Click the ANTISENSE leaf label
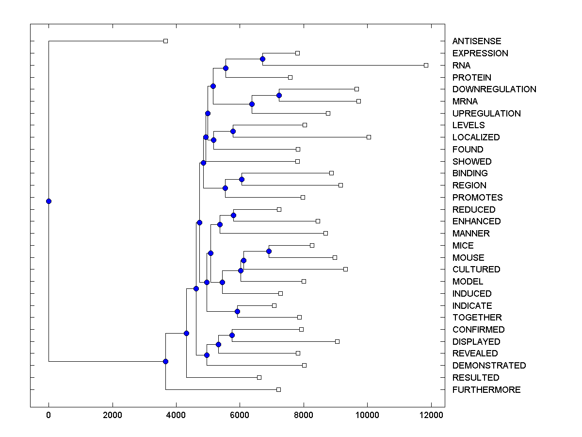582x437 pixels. pyautogui.click(x=477, y=41)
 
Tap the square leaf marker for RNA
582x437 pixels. pyautogui.click(x=426, y=65)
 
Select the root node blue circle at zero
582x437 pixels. pyautogui.click(x=48, y=201)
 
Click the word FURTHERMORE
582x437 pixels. pyautogui.click(x=486, y=390)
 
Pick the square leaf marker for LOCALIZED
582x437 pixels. pyautogui.click(x=369, y=137)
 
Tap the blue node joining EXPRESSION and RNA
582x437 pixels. pyautogui.click(x=262, y=59)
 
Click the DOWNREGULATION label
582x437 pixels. pyautogui.click(x=494, y=89)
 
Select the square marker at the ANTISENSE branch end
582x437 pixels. pyautogui.click(x=165, y=41)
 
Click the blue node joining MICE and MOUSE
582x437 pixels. pyautogui.click(x=269, y=251)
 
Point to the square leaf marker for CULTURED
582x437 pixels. pyautogui.click(x=345, y=269)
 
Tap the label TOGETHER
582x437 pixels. pyautogui.click(x=477, y=318)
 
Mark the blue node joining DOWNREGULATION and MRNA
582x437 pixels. pyautogui.click(x=279, y=95)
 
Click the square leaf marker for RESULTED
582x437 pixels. pyautogui.click(x=259, y=377)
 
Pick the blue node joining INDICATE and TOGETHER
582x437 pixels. pyautogui.click(x=237, y=311)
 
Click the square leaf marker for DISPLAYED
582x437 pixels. pyautogui.click(x=337, y=341)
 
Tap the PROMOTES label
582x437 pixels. pyautogui.click(x=477, y=198)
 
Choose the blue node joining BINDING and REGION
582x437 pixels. pyautogui.click(x=242, y=179)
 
